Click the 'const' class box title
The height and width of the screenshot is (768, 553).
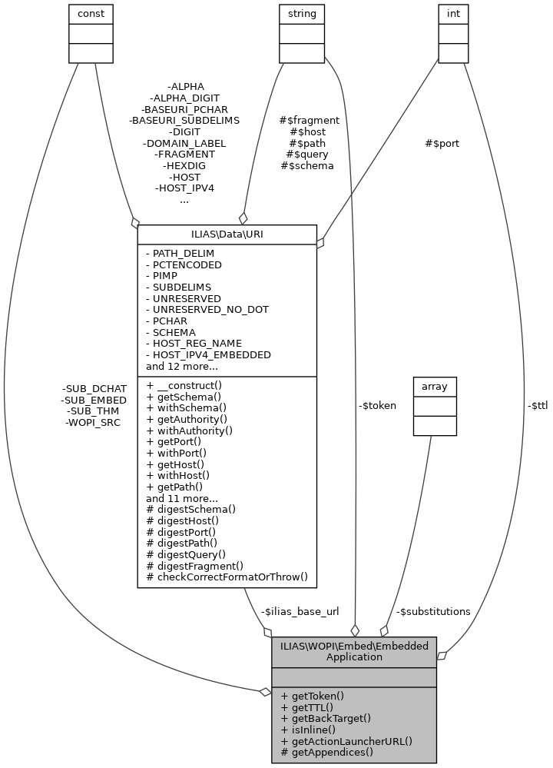point(91,13)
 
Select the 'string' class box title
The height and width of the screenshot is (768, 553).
point(301,13)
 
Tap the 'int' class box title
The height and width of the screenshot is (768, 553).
point(453,13)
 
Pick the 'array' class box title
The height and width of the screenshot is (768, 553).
point(435,387)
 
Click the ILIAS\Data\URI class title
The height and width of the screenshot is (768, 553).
point(227,233)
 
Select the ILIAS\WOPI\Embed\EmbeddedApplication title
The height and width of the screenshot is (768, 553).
point(354,651)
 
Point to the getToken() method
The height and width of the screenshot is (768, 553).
point(313,696)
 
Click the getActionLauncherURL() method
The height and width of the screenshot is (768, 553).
point(346,741)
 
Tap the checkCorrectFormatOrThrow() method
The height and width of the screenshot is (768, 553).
point(227,577)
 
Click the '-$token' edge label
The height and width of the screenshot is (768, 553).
point(377,405)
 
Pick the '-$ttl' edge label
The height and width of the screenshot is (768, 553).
point(537,405)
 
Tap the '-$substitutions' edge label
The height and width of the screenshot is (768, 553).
point(433,611)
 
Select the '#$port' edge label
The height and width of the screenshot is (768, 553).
point(442,143)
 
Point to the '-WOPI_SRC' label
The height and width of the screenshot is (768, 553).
point(93,422)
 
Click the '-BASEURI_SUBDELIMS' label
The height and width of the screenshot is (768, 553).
point(184,121)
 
